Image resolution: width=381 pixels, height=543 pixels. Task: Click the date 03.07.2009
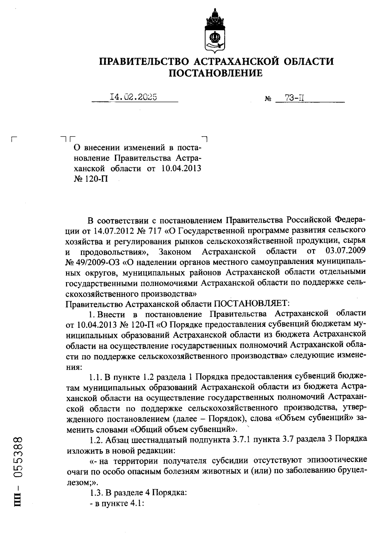point(346,251)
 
